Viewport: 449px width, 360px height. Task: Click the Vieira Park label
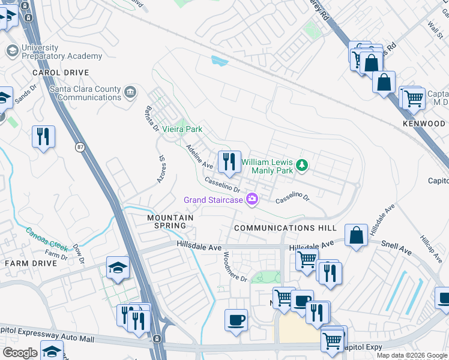pos(182,129)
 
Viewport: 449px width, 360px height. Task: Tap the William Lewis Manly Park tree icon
pos(303,164)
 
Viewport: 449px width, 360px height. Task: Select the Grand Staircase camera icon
pos(253,199)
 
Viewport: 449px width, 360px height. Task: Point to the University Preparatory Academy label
pos(61,52)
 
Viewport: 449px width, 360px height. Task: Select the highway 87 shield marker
pos(80,146)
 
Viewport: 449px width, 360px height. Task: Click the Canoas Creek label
pos(47,238)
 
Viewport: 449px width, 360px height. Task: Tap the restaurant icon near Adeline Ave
pos(229,161)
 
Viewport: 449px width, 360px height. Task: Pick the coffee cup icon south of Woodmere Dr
pos(236,320)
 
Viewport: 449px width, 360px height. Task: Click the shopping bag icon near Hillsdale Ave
pos(357,236)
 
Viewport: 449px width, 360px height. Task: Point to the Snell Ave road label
pos(397,245)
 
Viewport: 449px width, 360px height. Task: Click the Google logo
pos(20,353)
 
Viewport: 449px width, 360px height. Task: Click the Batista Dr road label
pos(151,118)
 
